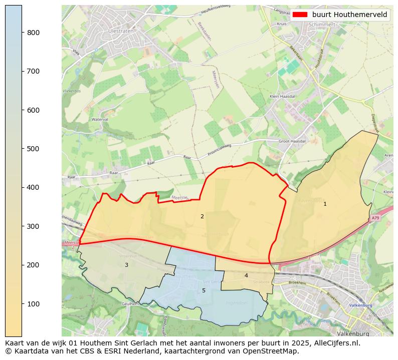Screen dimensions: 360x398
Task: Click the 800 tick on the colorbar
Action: click(x=22, y=33)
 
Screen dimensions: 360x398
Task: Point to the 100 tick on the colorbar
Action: click(x=22, y=304)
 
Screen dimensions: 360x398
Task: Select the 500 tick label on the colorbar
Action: click(x=33, y=149)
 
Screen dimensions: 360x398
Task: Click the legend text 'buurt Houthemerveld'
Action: click(x=349, y=15)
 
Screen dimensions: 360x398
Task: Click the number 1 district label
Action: click(x=325, y=204)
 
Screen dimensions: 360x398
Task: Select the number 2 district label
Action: click(x=202, y=216)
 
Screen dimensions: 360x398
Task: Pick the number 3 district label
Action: click(x=126, y=265)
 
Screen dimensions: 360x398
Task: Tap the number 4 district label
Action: click(x=246, y=275)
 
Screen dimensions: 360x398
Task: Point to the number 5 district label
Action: click(x=204, y=290)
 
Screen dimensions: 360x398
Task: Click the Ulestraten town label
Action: click(x=118, y=31)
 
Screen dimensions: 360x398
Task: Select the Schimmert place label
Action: click(x=322, y=24)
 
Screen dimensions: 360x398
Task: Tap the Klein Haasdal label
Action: click(x=282, y=96)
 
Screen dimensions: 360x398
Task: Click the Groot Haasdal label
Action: click(x=292, y=142)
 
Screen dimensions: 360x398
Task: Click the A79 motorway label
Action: click(x=376, y=218)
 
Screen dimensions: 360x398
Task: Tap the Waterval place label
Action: click(x=100, y=120)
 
